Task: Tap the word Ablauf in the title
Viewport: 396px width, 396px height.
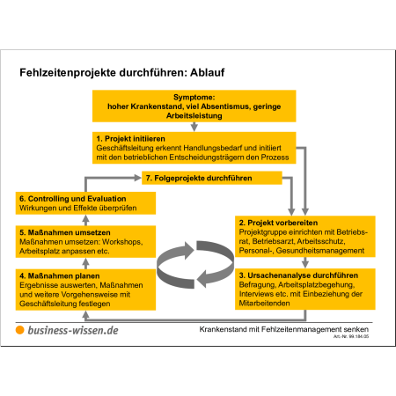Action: (x=208, y=72)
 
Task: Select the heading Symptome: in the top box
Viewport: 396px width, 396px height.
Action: (x=194, y=97)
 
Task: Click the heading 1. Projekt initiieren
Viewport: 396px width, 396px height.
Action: (x=130, y=138)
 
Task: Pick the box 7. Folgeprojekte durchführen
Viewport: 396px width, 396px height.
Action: (x=212, y=178)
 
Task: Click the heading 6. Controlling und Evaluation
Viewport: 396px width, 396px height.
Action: (x=73, y=199)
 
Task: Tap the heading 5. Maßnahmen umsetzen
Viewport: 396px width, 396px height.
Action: (x=65, y=232)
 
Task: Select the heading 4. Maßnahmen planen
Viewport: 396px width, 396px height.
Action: (x=60, y=275)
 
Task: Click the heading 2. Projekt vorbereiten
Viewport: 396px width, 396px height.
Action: (x=278, y=223)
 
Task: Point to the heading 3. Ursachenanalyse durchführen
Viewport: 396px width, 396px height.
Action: (x=298, y=275)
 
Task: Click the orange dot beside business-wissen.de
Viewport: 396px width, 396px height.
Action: (x=19, y=330)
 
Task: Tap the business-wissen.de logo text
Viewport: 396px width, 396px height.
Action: (x=73, y=330)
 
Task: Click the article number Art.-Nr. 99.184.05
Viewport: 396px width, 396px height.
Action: (x=351, y=336)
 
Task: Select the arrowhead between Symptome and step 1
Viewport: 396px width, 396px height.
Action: (x=194, y=127)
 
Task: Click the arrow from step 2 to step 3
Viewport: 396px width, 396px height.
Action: (x=305, y=262)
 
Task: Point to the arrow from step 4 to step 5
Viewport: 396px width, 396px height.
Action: (x=85, y=263)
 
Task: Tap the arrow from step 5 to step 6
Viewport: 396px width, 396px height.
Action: (x=85, y=220)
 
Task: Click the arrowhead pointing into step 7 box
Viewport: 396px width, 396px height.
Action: (x=137, y=178)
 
